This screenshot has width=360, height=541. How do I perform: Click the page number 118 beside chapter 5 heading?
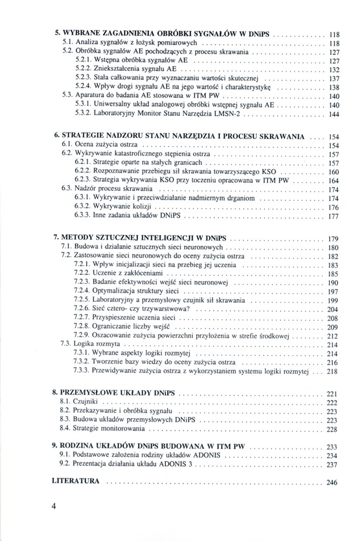[x=334, y=34]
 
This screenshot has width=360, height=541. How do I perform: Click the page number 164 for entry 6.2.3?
[x=334, y=180]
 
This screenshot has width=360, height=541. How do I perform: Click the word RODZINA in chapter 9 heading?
[x=79, y=446]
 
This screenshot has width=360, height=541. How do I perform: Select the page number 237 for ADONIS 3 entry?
[x=332, y=465]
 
